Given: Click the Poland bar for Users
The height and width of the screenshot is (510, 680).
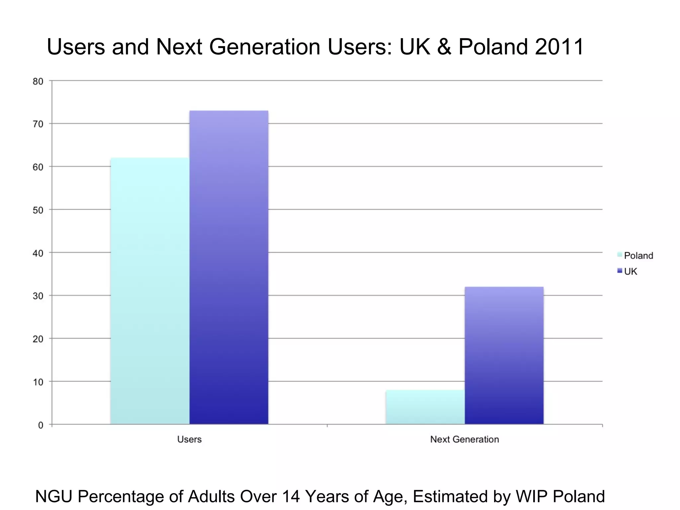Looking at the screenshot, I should tap(150, 291).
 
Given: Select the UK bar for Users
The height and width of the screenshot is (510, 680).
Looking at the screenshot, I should tap(229, 267).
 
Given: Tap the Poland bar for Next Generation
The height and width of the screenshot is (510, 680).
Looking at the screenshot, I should tap(425, 407).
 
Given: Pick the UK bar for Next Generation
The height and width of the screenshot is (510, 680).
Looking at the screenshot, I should tap(504, 355).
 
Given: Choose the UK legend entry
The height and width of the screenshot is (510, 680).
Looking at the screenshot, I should tap(630, 272).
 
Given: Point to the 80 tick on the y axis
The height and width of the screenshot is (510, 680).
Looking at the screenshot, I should tap(38, 81).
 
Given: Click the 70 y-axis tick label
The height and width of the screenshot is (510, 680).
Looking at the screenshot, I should tap(38, 124).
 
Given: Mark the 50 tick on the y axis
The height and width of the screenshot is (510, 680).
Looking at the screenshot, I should tap(38, 210).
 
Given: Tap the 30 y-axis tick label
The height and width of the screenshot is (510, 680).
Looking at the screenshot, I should tap(38, 296).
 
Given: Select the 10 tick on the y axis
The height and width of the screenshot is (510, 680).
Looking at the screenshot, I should tap(38, 382).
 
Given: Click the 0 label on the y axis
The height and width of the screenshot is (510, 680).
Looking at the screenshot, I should tap(41, 425).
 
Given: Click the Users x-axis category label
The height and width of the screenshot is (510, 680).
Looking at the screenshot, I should tap(189, 439).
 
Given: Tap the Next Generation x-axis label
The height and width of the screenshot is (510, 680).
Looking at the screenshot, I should tap(465, 439).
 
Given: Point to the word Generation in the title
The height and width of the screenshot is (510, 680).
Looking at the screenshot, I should tap(264, 46).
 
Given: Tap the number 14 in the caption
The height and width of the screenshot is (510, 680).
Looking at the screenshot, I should tap(291, 497).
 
